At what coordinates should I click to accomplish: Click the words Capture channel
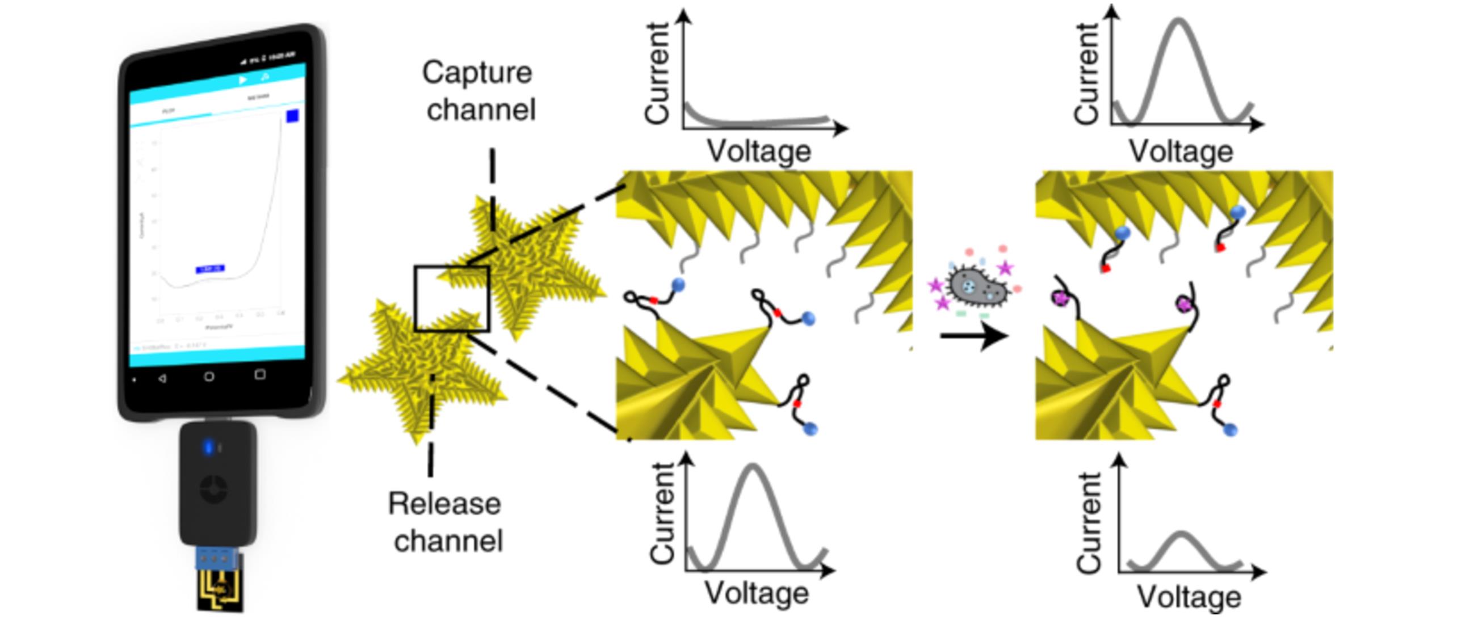478,91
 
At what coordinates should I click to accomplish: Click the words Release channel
446,522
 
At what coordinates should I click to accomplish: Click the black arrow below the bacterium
973,336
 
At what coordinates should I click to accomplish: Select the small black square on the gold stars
452,298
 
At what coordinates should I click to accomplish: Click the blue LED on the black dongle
208,447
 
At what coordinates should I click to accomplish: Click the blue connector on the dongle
218,558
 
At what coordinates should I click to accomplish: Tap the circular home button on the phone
209,376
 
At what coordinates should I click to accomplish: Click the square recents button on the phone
259,374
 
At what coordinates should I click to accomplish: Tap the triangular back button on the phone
162,378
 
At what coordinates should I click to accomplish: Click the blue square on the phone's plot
292,116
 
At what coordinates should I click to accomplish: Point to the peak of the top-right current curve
1179,22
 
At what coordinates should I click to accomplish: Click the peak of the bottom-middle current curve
753,467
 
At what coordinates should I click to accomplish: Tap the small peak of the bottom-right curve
1181,534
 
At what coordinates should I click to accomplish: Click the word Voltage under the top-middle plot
759,151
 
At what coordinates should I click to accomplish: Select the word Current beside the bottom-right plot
1089,522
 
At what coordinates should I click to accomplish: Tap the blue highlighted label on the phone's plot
210,269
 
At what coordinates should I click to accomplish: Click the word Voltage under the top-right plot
1181,151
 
